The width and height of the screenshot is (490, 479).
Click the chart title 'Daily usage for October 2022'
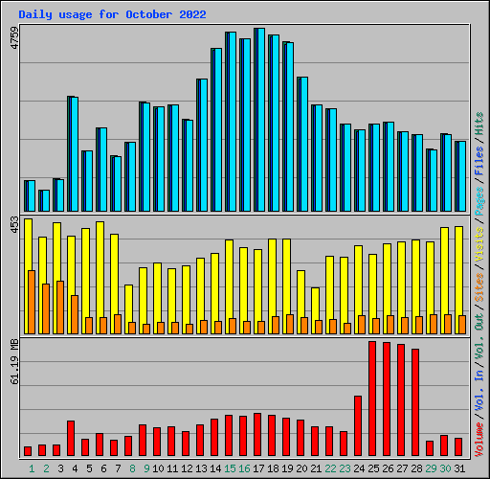112,15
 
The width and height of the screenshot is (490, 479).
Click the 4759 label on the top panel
13,39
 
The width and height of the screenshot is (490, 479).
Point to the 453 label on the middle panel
13,224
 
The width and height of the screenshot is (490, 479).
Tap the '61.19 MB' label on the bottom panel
13,361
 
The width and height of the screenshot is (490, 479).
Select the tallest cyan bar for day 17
260,120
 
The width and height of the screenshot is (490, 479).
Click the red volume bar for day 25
372,399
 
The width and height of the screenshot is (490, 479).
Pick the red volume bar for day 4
71,438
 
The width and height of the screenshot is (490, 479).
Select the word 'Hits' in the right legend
479,123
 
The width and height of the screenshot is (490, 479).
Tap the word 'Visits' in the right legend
479,243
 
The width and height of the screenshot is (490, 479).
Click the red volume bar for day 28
415,402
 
